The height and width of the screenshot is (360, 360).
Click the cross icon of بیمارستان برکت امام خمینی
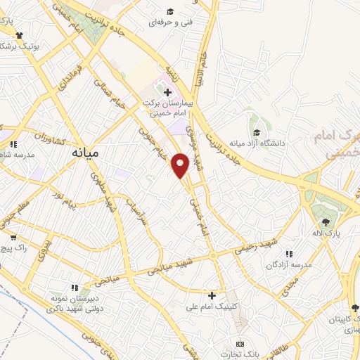pyautogui.click(x=167, y=92)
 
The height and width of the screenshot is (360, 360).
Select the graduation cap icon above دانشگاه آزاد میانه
pyautogui.click(x=257, y=132)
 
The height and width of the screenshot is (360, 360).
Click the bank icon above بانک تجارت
pyautogui.click(x=240, y=343)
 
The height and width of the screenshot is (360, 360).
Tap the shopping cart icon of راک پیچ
pyautogui.click(x=13, y=238)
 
